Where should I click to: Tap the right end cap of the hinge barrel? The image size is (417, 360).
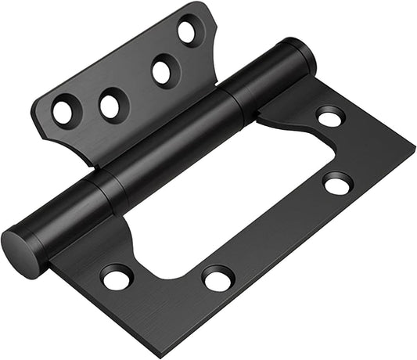pyautogui.click(x=304, y=56)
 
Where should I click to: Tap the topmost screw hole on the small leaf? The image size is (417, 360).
pyautogui.click(x=188, y=32)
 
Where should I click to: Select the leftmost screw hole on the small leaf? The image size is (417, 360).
pyautogui.click(x=63, y=111)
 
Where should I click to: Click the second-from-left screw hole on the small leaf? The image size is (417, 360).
pyautogui.click(x=111, y=104)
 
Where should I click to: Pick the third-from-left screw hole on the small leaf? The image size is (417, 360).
pyautogui.click(x=163, y=71)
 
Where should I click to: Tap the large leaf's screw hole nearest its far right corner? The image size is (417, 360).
pyautogui.click(x=338, y=184)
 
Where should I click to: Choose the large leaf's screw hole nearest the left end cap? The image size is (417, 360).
pyautogui.click(x=117, y=276)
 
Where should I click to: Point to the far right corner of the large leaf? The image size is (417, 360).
pyautogui.click(x=414, y=149)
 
